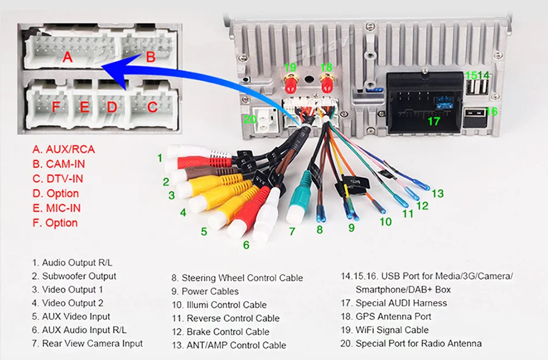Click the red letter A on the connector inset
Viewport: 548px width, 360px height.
67,57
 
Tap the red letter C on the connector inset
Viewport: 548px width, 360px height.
152,107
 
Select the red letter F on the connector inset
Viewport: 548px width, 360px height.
56,107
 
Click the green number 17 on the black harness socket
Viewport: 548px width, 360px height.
433,121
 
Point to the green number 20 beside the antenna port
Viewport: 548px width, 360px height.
249,119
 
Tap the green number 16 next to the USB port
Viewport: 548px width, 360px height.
491,111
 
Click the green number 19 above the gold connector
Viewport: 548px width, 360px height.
290,67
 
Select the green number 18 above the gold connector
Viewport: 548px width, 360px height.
326,67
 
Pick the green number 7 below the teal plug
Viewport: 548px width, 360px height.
292,232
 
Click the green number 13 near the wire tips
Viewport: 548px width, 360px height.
438,193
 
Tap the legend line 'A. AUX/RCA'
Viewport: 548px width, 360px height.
63,149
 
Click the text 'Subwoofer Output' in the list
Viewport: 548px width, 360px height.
79,276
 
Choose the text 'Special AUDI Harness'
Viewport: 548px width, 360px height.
401,303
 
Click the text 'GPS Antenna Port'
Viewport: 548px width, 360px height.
393,316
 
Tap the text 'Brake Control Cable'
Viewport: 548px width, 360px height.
228,332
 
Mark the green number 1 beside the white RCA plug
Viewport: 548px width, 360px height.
160,157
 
